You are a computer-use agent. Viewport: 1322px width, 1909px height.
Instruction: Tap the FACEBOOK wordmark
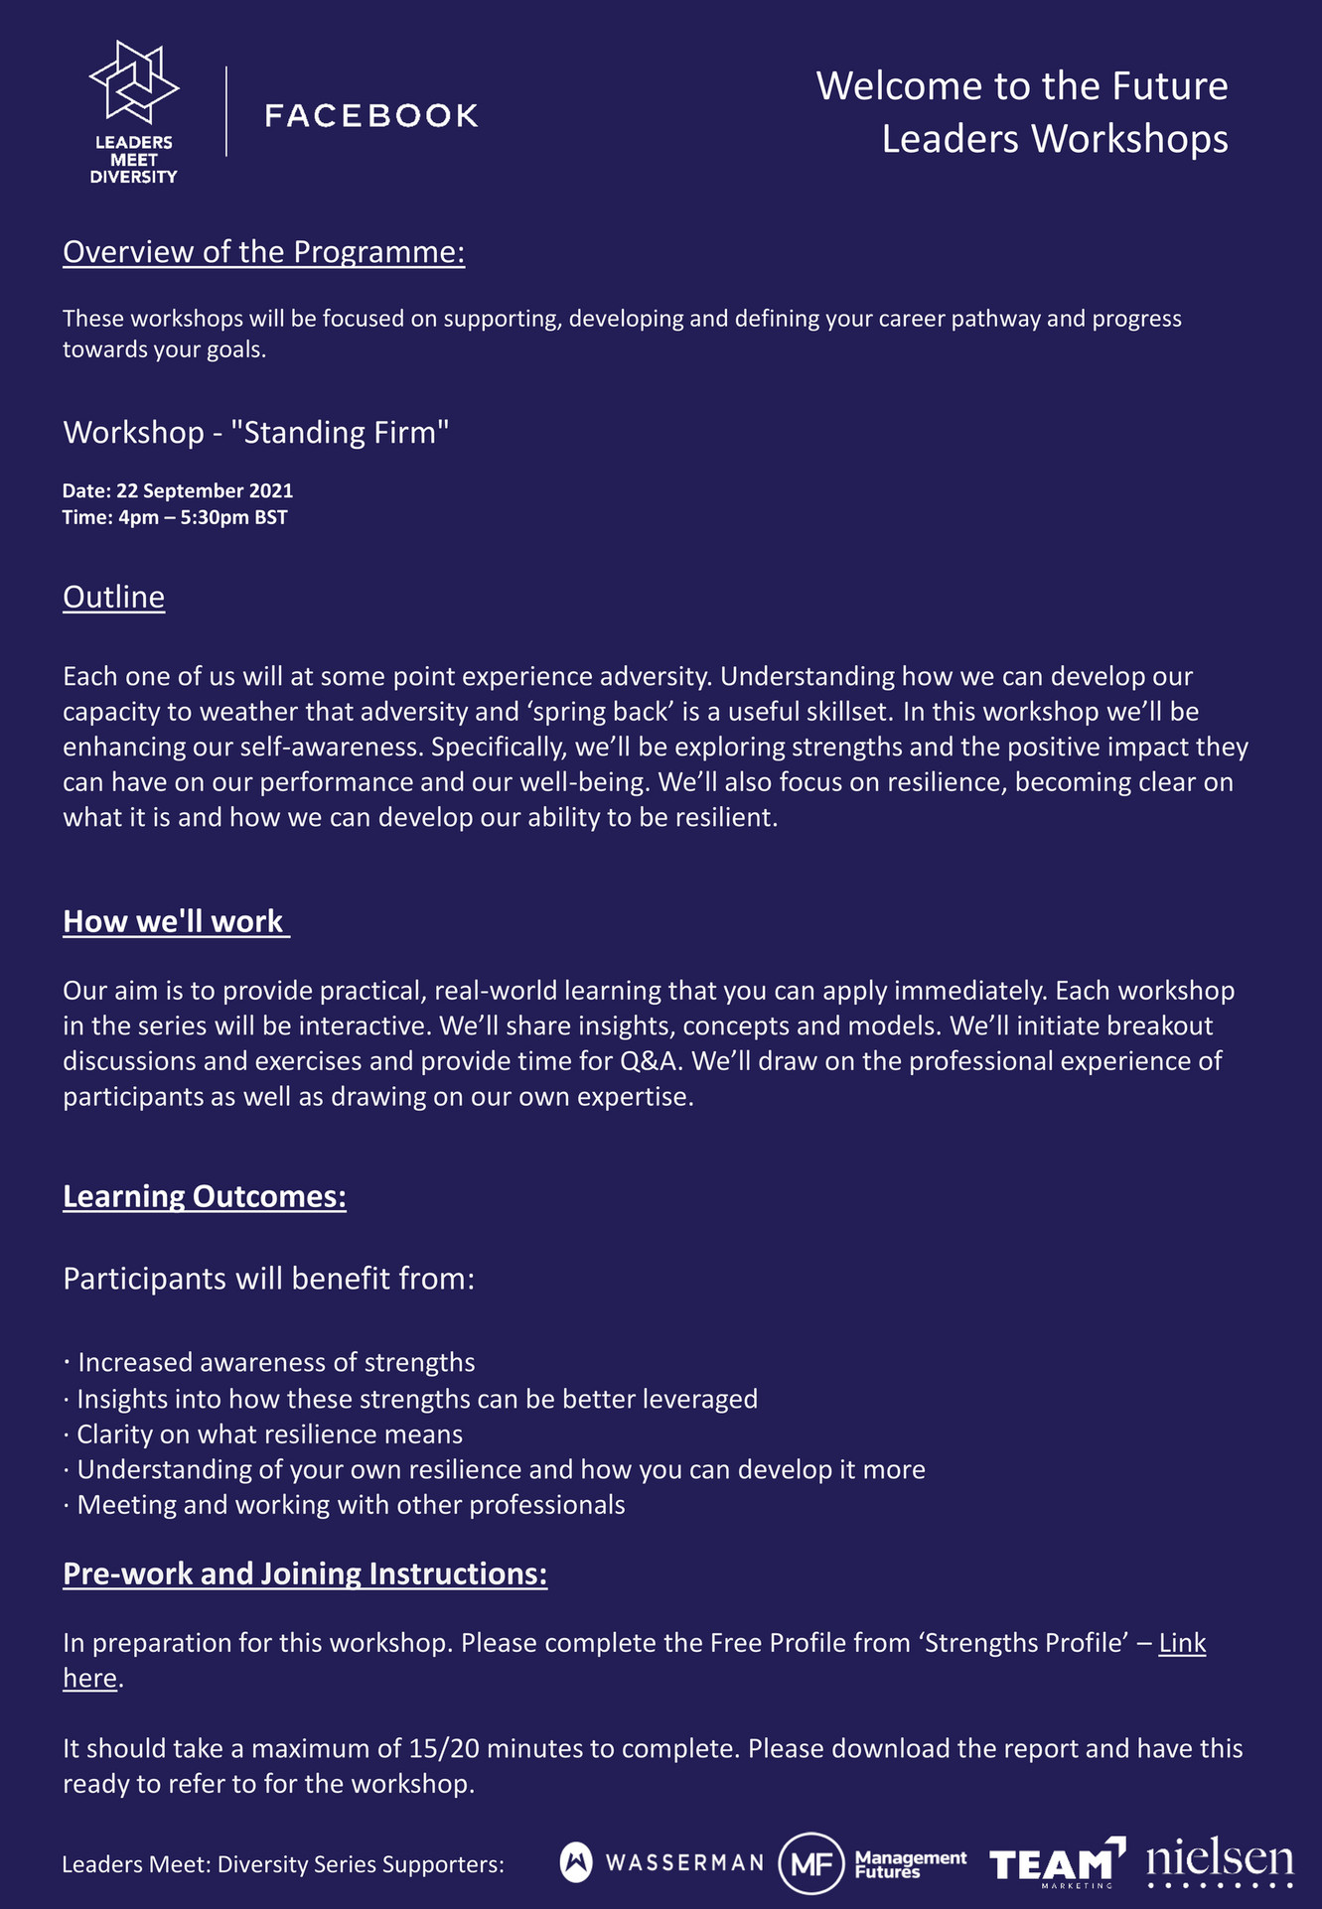[x=371, y=115]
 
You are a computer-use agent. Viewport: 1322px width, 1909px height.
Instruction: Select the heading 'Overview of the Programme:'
[x=263, y=252]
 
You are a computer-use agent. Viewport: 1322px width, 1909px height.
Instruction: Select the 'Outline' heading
[x=113, y=597]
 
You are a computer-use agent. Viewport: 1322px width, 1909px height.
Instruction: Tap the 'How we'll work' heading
[x=174, y=921]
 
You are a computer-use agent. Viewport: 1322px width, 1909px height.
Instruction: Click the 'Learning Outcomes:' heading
[x=205, y=1196]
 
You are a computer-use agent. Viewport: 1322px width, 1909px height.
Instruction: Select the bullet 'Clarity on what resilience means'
[x=269, y=1434]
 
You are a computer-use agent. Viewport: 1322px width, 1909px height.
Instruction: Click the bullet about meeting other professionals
[x=351, y=1505]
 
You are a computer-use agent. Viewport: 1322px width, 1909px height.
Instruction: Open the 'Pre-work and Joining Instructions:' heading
[x=305, y=1573]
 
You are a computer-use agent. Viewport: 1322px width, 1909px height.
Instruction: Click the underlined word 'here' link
[x=89, y=1678]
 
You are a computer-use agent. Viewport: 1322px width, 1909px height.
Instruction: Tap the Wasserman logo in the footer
[x=661, y=1862]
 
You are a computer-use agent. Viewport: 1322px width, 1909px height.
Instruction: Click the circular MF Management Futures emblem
[x=810, y=1863]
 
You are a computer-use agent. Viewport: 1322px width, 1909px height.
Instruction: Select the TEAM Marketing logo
[x=1056, y=1862]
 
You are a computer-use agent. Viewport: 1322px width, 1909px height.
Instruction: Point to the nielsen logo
[x=1220, y=1862]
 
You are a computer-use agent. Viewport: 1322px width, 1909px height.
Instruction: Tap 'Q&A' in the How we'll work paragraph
[x=652, y=1061]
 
